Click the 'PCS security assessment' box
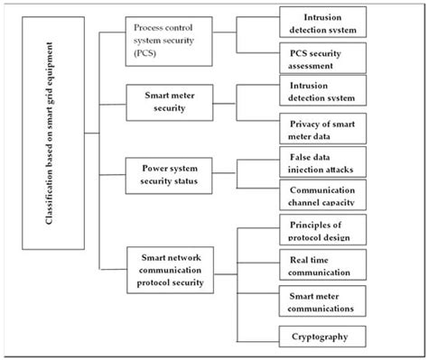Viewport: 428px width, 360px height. [x=322, y=60]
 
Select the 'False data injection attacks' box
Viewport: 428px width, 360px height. [x=322, y=164]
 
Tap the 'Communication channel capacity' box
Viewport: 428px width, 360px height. [x=322, y=197]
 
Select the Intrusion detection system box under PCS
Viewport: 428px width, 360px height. [x=322, y=23]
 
